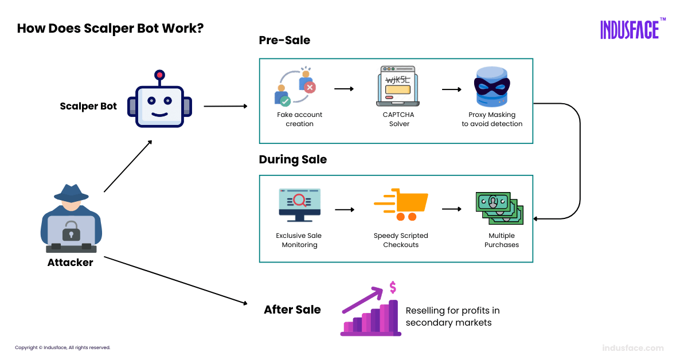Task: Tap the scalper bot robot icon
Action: [x=159, y=105]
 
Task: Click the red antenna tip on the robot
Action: [x=159, y=75]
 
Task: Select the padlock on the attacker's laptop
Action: [x=71, y=231]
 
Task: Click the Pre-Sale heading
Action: [x=284, y=41]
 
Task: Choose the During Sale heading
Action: [x=292, y=160]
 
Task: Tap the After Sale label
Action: [x=292, y=310]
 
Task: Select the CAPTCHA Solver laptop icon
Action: [x=397, y=87]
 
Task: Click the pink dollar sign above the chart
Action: [x=393, y=287]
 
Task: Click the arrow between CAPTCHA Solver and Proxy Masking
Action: [x=451, y=89]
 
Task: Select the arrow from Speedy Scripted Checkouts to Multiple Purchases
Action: [x=451, y=209]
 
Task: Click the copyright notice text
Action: [x=62, y=348]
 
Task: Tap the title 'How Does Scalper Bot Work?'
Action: [x=110, y=29]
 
